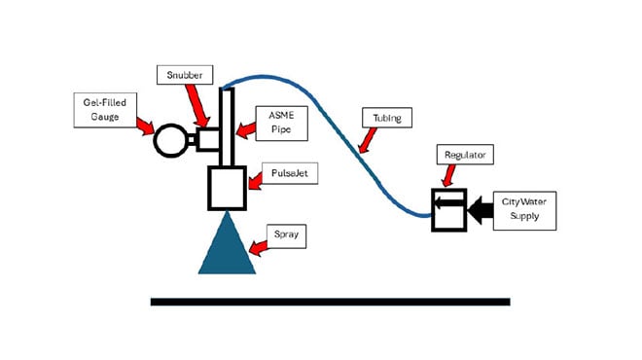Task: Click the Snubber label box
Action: click(x=179, y=74)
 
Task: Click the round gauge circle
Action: click(x=171, y=142)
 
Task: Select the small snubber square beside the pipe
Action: click(x=207, y=140)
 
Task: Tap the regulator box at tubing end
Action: click(x=449, y=209)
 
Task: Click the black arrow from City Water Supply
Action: click(x=480, y=209)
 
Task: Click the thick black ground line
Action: click(x=330, y=302)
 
